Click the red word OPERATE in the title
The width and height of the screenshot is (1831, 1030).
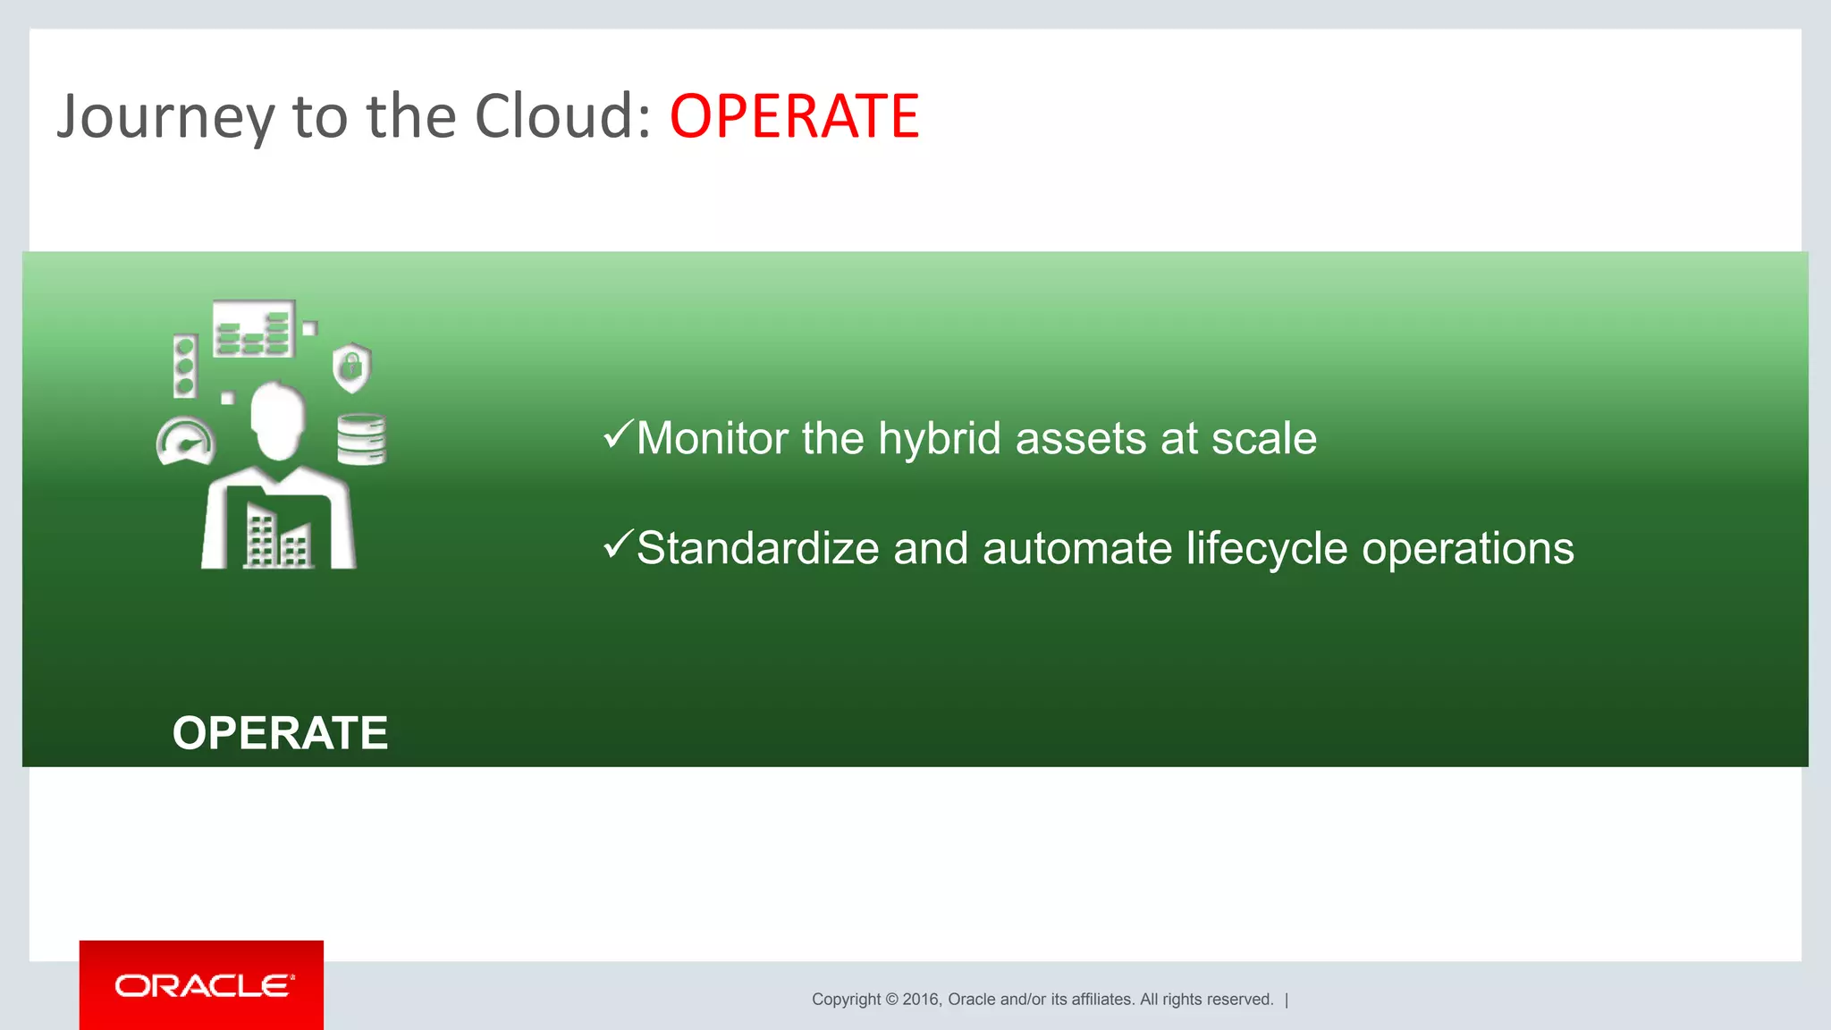pos(794,117)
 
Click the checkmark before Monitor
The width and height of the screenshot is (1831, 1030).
pos(618,435)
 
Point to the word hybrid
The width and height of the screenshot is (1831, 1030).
pos(939,439)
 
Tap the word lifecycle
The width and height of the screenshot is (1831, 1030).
pos(1266,548)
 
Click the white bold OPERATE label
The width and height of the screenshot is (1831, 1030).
pos(280,733)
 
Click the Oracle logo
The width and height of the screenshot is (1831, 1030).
pos(202,985)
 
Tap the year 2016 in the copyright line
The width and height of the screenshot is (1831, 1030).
pos(920,1000)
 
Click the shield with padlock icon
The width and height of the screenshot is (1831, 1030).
pos(351,367)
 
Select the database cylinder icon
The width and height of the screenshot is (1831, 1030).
pos(361,439)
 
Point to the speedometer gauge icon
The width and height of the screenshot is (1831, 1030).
pos(186,442)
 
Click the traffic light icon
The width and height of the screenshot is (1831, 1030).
pos(185,366)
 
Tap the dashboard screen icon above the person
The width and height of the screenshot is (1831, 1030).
pos(254,329)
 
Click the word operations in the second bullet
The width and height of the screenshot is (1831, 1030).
pos(1467,548)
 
